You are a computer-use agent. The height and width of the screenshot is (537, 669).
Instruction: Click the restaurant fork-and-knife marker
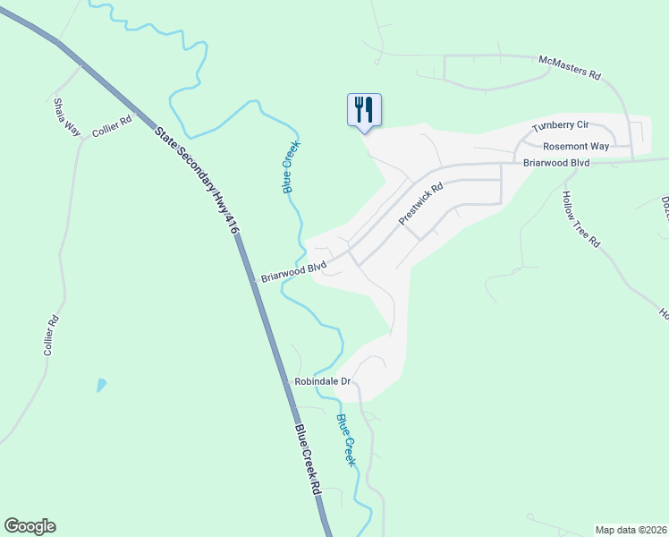364,109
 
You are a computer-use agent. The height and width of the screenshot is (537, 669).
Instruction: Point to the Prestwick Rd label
421,205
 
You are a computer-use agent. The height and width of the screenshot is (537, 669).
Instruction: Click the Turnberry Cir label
562,126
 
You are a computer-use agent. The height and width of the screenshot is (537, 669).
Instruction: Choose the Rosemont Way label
576,146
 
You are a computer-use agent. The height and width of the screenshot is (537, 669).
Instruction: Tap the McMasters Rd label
569,69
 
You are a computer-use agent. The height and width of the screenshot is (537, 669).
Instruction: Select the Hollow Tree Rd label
581,219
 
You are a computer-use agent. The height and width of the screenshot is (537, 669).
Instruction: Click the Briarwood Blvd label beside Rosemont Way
556,163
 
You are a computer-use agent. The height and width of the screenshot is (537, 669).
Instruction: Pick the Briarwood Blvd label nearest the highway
293,273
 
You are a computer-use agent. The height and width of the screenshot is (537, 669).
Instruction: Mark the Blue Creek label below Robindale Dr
346,439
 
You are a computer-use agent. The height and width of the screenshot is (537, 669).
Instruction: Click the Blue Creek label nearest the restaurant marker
292,166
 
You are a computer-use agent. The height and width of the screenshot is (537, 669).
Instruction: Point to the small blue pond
101,386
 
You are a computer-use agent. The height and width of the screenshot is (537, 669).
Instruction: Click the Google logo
30,526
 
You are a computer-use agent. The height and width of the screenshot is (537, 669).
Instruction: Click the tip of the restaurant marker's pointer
364,132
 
